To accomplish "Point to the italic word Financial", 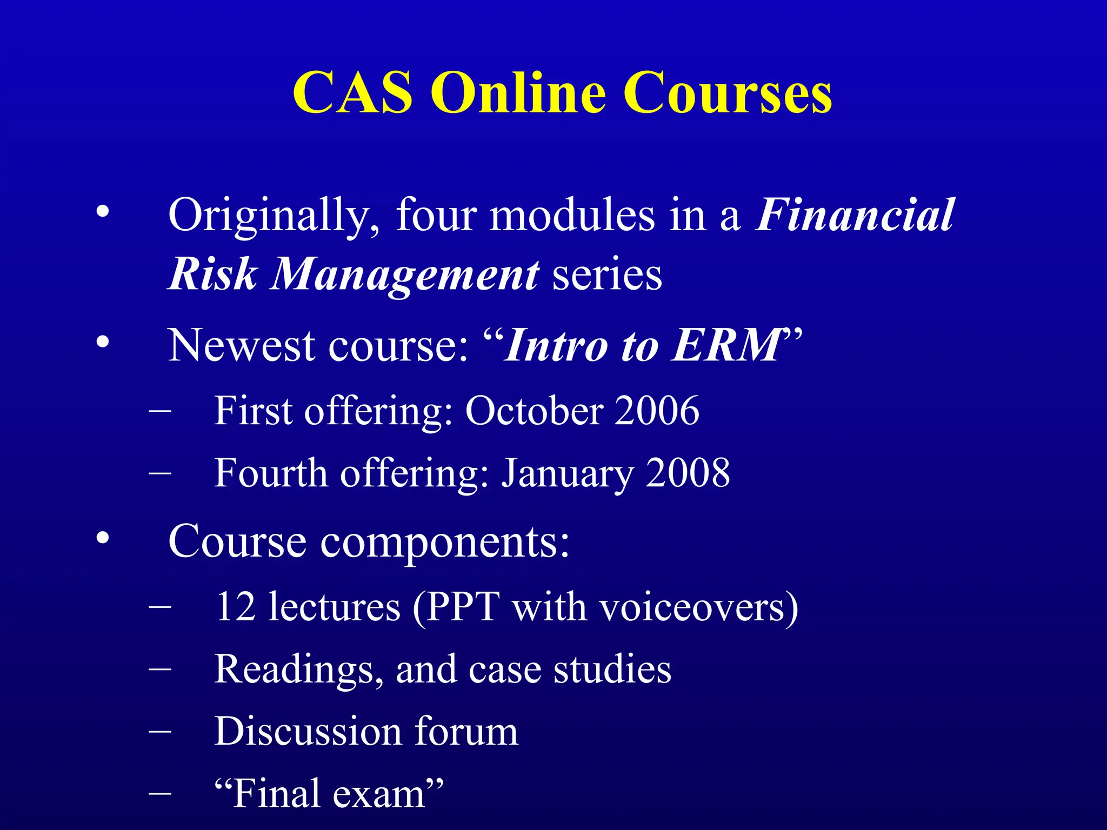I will tap(855, 215).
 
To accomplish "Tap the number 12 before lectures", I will tap(236, 607).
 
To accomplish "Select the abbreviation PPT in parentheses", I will tap(463, 607).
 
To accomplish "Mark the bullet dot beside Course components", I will tap(103, 538).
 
